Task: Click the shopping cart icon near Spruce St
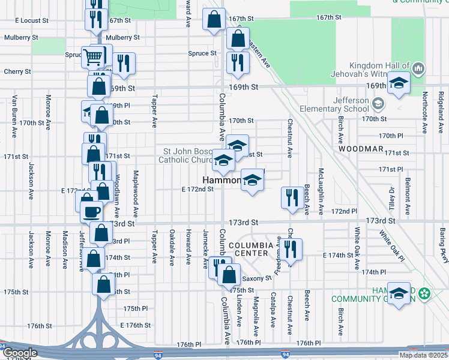[93, 58]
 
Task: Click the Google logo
[19, 353]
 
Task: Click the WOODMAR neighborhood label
[360, 148]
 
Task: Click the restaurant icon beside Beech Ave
[292, 197]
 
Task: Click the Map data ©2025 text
[423, 355]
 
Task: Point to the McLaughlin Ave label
[321, 186]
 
